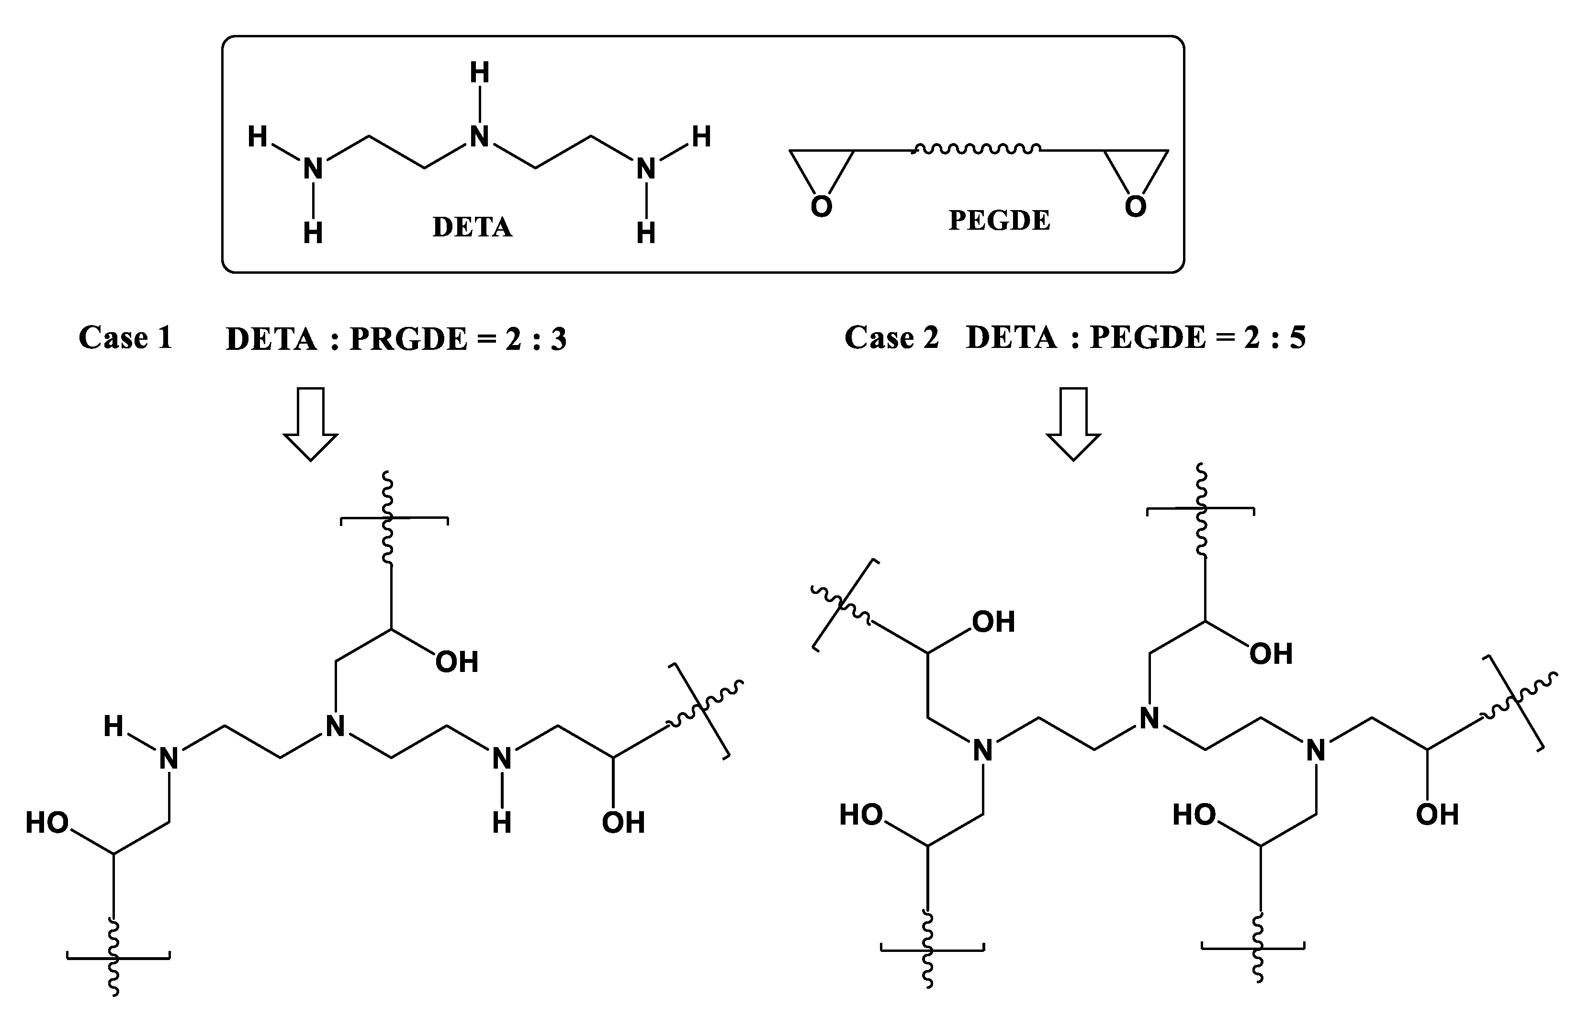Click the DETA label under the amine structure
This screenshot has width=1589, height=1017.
(472, 227)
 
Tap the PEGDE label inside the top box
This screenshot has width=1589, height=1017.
(999, 221)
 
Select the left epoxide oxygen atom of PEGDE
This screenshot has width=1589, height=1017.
(821, 207)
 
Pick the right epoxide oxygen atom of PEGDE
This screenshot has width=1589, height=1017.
(1135, 207)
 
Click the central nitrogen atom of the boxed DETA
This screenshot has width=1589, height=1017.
(479, 137)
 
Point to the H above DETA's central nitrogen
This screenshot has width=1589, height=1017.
(479, 73)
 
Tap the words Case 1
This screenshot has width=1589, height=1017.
(125, 337)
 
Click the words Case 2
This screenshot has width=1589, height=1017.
(891, 337)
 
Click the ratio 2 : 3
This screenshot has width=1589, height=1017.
(536, 339)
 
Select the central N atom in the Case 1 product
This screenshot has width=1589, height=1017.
(336, 726)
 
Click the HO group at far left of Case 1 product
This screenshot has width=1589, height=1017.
(47, 823)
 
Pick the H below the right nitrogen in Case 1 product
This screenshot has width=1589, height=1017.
(502, 823)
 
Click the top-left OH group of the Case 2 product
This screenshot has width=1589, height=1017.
(992, 622)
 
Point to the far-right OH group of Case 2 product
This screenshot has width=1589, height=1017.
(1437, 815)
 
